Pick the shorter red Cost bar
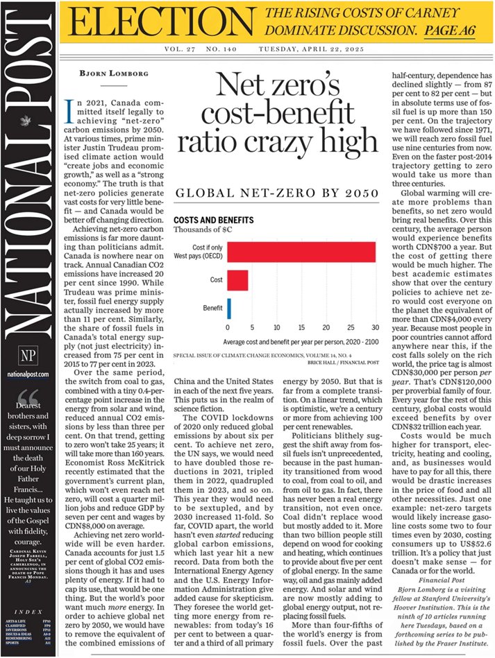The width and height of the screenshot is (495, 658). [x=237, y=280]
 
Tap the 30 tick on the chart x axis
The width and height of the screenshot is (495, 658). [x=376, y=327]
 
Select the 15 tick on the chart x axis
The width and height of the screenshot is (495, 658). [x=301, y=327]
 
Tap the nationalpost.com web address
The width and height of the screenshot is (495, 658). [x=28, y=374]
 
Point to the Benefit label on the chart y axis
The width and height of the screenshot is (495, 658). [x=213, y=307]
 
